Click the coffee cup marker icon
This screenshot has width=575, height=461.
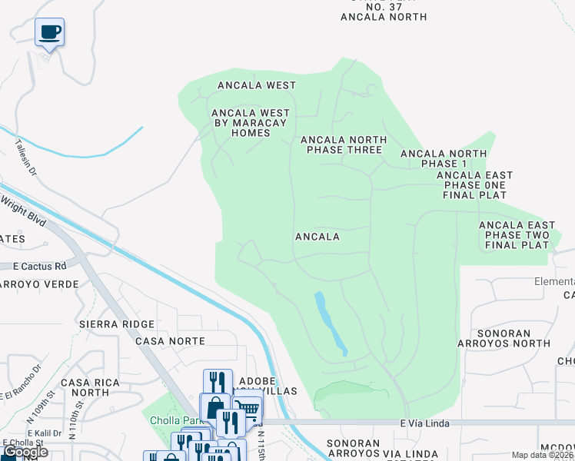tap(50, 32)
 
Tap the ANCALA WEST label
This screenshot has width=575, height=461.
tap(257, 85)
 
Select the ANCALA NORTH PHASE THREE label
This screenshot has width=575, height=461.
tap(343, 144)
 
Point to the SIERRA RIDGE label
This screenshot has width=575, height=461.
tap(117, 324)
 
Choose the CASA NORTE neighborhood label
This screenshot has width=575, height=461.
tap(170, 340)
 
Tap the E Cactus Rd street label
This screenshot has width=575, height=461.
tap(40, 266)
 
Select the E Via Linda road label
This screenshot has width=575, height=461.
tap(424, 423)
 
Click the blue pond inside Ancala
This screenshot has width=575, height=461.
tap(331, 323)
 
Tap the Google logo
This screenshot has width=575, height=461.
tap(26, 452)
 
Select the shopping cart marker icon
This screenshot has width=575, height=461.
tap(246, 411)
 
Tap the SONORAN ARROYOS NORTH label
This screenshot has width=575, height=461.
tap(514, 339)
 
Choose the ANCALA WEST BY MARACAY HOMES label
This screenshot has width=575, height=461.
tap(241, 123)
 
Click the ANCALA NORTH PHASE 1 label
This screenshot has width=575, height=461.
tap(444, 159)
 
